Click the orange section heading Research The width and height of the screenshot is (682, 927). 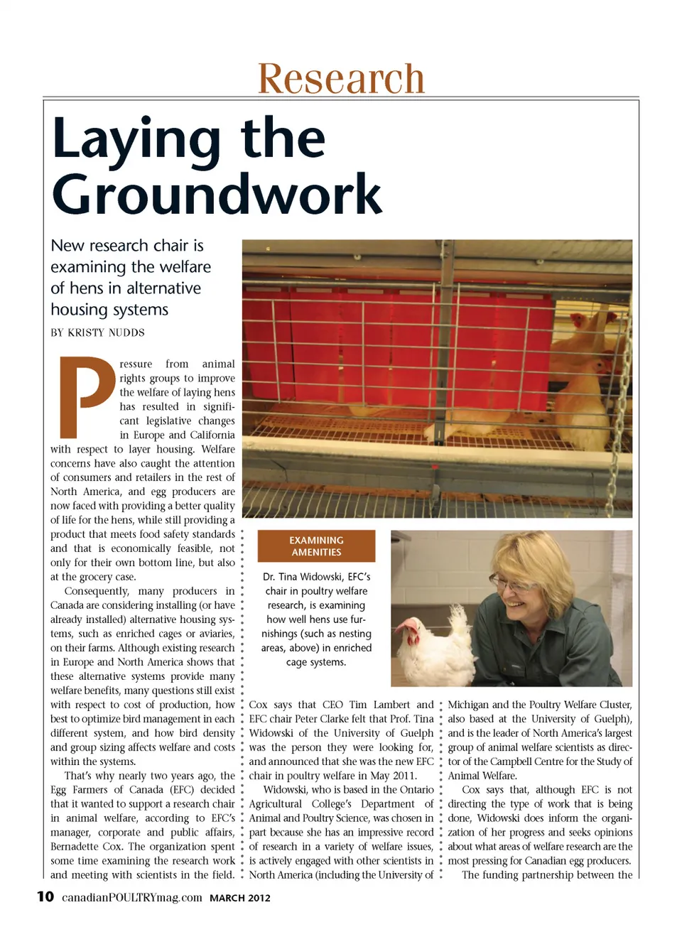(x=341, y=78)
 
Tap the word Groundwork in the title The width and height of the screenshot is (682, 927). (x=217, y=194)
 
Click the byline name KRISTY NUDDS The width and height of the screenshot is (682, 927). (x=106, y=332)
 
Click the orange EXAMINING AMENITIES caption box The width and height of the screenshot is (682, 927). (x=316, y=546)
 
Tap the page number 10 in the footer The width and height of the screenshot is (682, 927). (x=45, y=896)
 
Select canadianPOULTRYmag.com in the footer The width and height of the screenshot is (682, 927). (x=131, y=897)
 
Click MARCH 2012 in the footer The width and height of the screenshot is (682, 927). (x=240, y=898)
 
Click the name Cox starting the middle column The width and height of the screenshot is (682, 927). (x=258, y=705)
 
